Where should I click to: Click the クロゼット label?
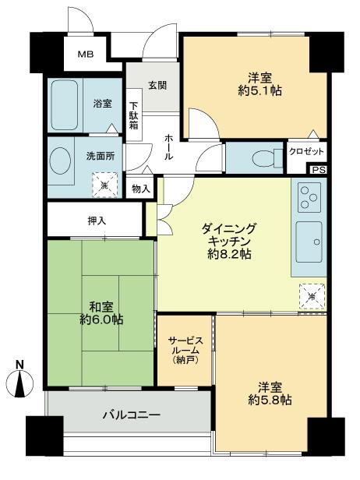(x=307, y=151)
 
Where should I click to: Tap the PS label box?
(x=317, y=170)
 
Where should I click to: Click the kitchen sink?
(x=309, y=240)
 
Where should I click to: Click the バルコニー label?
(x=131, y=415)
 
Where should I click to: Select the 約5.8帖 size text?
(x=271, y=399)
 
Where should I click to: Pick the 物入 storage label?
(x=141, y=188)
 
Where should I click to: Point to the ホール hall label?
(x=168, y=146)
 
